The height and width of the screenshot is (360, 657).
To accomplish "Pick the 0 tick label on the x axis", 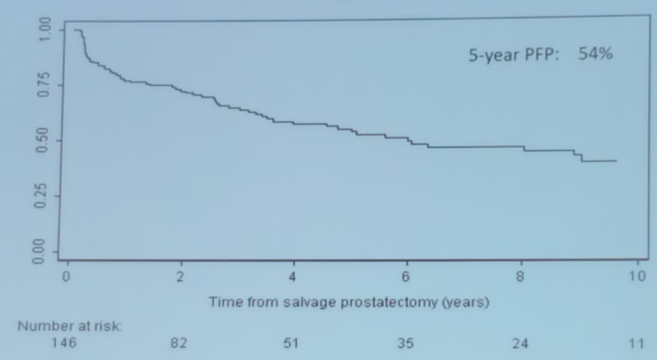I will [x=66, y=278].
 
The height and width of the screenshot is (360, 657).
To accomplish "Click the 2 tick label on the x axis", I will [x=180, y=278].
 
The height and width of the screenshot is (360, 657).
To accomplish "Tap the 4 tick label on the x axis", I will [x=293, y=278].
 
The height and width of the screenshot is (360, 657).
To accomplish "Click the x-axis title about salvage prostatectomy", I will [x=349, y=302].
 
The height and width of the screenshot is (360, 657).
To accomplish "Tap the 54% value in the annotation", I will [x=595, y=55].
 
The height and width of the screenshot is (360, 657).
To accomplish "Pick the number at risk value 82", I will [x=180, y=344].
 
